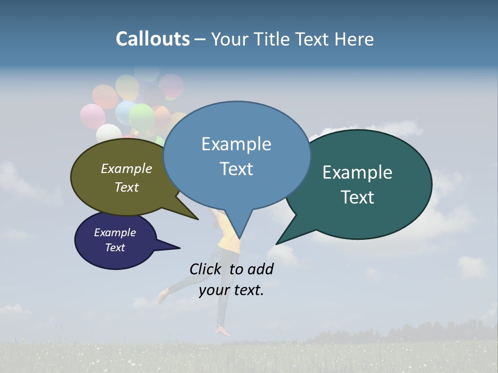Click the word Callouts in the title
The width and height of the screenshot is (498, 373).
tap(153, 39)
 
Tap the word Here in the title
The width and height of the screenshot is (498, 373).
tap(355, 39)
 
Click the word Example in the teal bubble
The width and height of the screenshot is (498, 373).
tap(357, 173)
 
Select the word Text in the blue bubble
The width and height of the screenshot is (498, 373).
tap(237, 169)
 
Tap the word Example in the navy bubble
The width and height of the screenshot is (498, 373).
tap(115, 233)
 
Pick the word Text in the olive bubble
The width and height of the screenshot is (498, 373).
tap(127, 187)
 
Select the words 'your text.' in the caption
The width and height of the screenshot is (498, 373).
tap(231, 290)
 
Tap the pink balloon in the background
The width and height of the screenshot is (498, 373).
tap(92, 116)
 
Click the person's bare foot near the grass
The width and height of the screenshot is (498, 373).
tap(224, 331)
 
